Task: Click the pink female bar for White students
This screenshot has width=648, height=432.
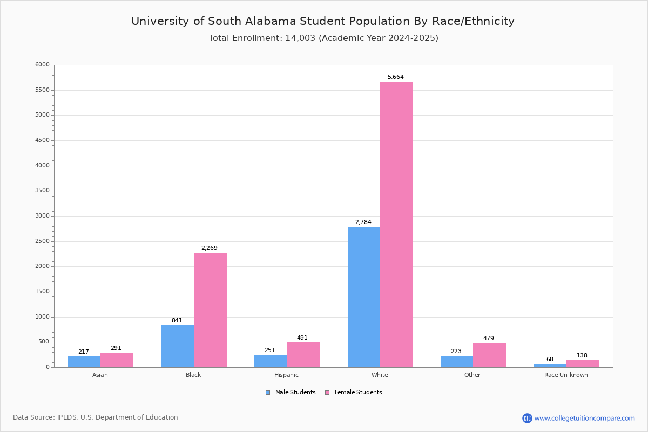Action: [396, 224]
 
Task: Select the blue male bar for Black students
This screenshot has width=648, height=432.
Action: [178, 346]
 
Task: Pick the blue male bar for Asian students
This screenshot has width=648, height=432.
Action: [84, 362]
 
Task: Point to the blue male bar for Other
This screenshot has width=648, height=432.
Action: [457, 361]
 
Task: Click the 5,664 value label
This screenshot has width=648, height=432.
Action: [395, 77]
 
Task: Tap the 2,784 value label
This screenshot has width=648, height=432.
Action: [363, 222]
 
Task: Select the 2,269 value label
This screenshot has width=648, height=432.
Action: [209, 248]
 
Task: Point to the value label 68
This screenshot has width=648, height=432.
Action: [550, 360]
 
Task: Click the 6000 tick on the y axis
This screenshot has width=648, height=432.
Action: [42, 65]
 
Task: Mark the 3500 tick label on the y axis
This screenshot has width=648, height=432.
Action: [42, 191]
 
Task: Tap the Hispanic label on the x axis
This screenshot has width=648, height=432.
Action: [286, 375]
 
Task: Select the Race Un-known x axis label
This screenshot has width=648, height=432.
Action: [566, 375]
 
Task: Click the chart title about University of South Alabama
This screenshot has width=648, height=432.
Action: [323, 21]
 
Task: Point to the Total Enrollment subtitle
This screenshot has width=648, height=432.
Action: [323, 38]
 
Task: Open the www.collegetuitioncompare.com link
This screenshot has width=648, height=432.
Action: [584, 418]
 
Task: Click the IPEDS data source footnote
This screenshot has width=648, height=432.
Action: [96, 417]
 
